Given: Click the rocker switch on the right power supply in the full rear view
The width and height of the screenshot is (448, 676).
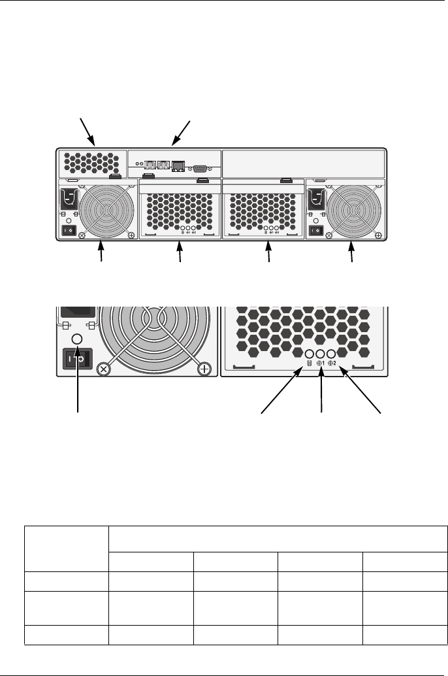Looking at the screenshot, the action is pos(317,231).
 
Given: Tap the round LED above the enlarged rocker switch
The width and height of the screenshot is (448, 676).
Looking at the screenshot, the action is pos(76,339).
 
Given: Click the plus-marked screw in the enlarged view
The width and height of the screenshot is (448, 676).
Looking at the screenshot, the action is pos(204,369).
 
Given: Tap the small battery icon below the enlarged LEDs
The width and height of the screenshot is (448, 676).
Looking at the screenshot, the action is pos(309,364).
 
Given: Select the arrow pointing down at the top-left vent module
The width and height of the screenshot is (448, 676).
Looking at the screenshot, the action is pos(87,130).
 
